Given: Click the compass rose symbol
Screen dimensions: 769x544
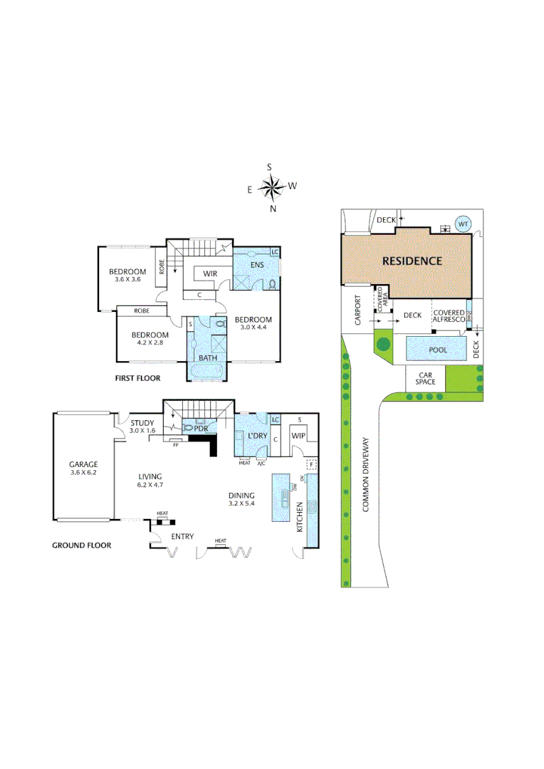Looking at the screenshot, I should (271, 188).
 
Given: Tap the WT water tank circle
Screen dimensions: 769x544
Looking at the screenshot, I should (463, 224).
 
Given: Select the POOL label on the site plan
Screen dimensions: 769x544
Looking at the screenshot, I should (437, 350).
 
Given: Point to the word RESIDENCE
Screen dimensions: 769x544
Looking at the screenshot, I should (412, 261).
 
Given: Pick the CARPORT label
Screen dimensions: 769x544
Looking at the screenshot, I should (357, 312).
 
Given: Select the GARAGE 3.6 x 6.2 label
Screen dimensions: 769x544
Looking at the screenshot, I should (83, 468).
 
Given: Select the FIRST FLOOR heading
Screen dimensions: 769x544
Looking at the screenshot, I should (137, 378).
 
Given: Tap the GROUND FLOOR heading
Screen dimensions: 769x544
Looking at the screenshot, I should (82, 545).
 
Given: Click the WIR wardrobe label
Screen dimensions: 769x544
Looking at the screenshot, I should (210, 273).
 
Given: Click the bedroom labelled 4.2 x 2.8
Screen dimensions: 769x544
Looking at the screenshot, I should (150, 338).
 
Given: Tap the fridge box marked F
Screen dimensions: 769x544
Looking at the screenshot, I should (310, 465).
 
